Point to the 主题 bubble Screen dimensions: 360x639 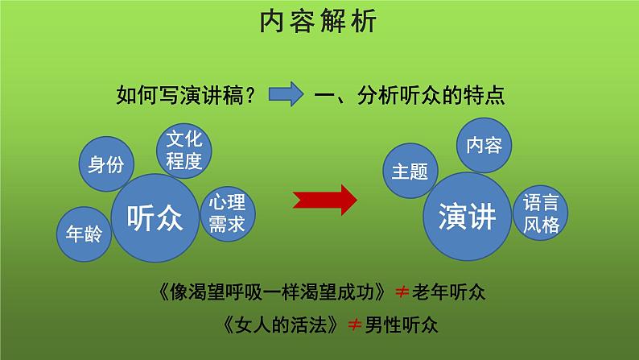pyautogui.click(x=410, y=172)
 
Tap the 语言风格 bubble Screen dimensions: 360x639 pyautogui.click(x=540, y=213)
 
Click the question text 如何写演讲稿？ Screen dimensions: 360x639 pyautogui.click(x=187, y=96)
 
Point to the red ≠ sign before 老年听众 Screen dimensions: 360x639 pyautogui.click(x=402, y=290)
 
